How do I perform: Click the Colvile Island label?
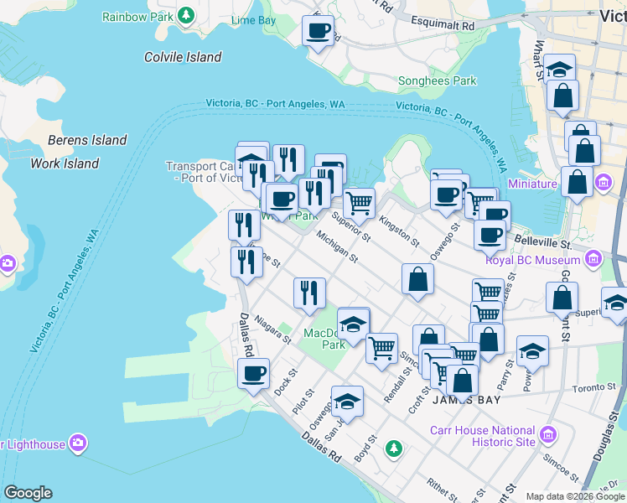[x=183, y=57]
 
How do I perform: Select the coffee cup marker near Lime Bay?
[x=318, y=32]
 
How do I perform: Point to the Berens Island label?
[x=87, y=140]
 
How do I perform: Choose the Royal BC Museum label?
[x=533, y=260]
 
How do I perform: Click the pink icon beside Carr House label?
[x=548, y=434]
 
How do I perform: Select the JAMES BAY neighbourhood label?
[x=466, y=400]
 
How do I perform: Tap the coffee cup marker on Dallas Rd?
[x=252, y=374]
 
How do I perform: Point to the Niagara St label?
[x=272, y=329]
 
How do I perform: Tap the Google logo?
[x=28, y=493]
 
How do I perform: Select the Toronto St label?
[x=593, y=389]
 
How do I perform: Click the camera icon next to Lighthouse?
[x=78, y=443]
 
